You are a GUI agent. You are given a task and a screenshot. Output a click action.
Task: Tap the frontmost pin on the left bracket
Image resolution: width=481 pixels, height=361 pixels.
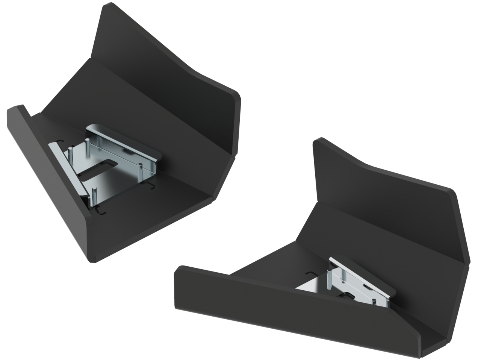[94, 196]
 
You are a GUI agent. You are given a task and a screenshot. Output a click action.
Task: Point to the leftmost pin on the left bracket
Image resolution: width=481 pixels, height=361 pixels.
[70, 154]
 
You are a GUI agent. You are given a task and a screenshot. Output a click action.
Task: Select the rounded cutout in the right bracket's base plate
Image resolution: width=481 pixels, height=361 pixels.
[351, 296]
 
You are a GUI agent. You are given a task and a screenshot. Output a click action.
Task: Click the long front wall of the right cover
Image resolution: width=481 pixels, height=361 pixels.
[293, 301]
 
